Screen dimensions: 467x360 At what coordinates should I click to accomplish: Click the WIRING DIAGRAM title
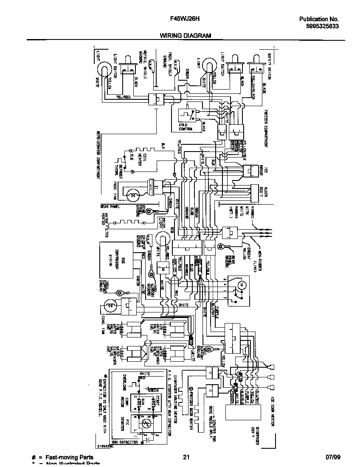(x=185, y=36)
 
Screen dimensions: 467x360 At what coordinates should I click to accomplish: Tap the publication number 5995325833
(x=321, y=26)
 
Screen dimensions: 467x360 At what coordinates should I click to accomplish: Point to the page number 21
(x=186, y=457)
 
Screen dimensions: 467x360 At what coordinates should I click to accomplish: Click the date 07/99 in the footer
(x=333, y=457)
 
